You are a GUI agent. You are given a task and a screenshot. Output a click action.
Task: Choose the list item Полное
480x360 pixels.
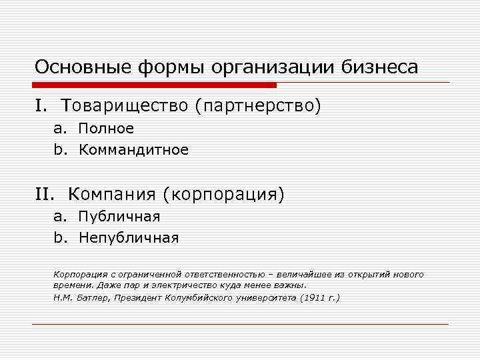point(107,128)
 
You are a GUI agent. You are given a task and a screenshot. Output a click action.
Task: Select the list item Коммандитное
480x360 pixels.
point(134,150)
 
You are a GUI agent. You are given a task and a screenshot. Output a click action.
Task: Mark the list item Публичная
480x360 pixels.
point(119,216)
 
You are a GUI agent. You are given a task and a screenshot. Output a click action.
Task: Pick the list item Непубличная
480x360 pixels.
point(129,238)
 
